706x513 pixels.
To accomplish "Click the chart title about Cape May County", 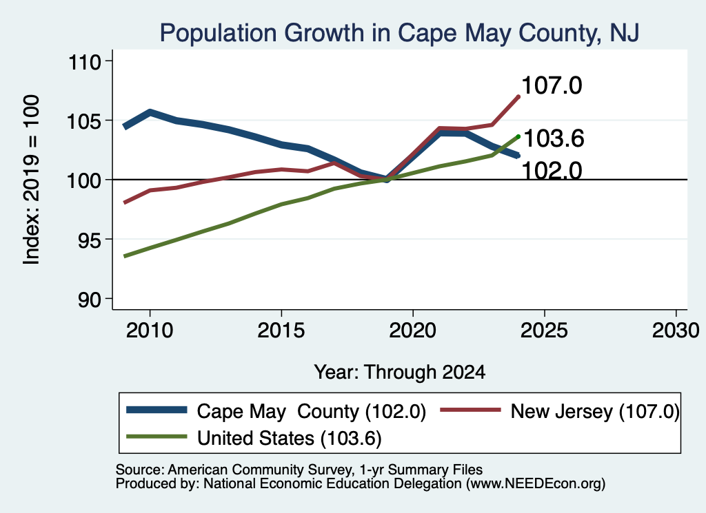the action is [x=399, y=33].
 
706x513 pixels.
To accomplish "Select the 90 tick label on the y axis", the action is [x=89, y=300].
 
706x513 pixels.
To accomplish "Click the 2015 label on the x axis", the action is [x=281, y=331].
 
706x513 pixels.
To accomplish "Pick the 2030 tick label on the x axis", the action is [x=676, y=331].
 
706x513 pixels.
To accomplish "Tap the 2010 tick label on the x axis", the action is [x=150, y=331].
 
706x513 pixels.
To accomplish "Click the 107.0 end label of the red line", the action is [x=552, y=85].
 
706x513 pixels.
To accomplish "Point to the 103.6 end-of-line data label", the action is [x=554, y=138].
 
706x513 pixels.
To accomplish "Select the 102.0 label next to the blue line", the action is [x=552, y=171].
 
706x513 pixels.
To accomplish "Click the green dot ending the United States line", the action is [x=518, y=136].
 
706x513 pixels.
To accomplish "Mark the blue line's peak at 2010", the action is [x=150, y=112].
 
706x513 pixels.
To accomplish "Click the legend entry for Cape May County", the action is [x=276, y=411].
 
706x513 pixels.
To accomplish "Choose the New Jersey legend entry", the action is [x=560, y=411].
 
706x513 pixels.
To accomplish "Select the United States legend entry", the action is [x=254, y=438].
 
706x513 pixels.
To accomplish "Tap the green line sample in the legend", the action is [x=157, y=437].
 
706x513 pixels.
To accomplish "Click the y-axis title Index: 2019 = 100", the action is [x=32, y=180].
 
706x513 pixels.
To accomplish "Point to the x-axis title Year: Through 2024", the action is [x=399, y=373].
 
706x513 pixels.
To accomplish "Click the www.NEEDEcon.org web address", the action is [x=535, y=484].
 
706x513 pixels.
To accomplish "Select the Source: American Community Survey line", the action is [x=299, y=470].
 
